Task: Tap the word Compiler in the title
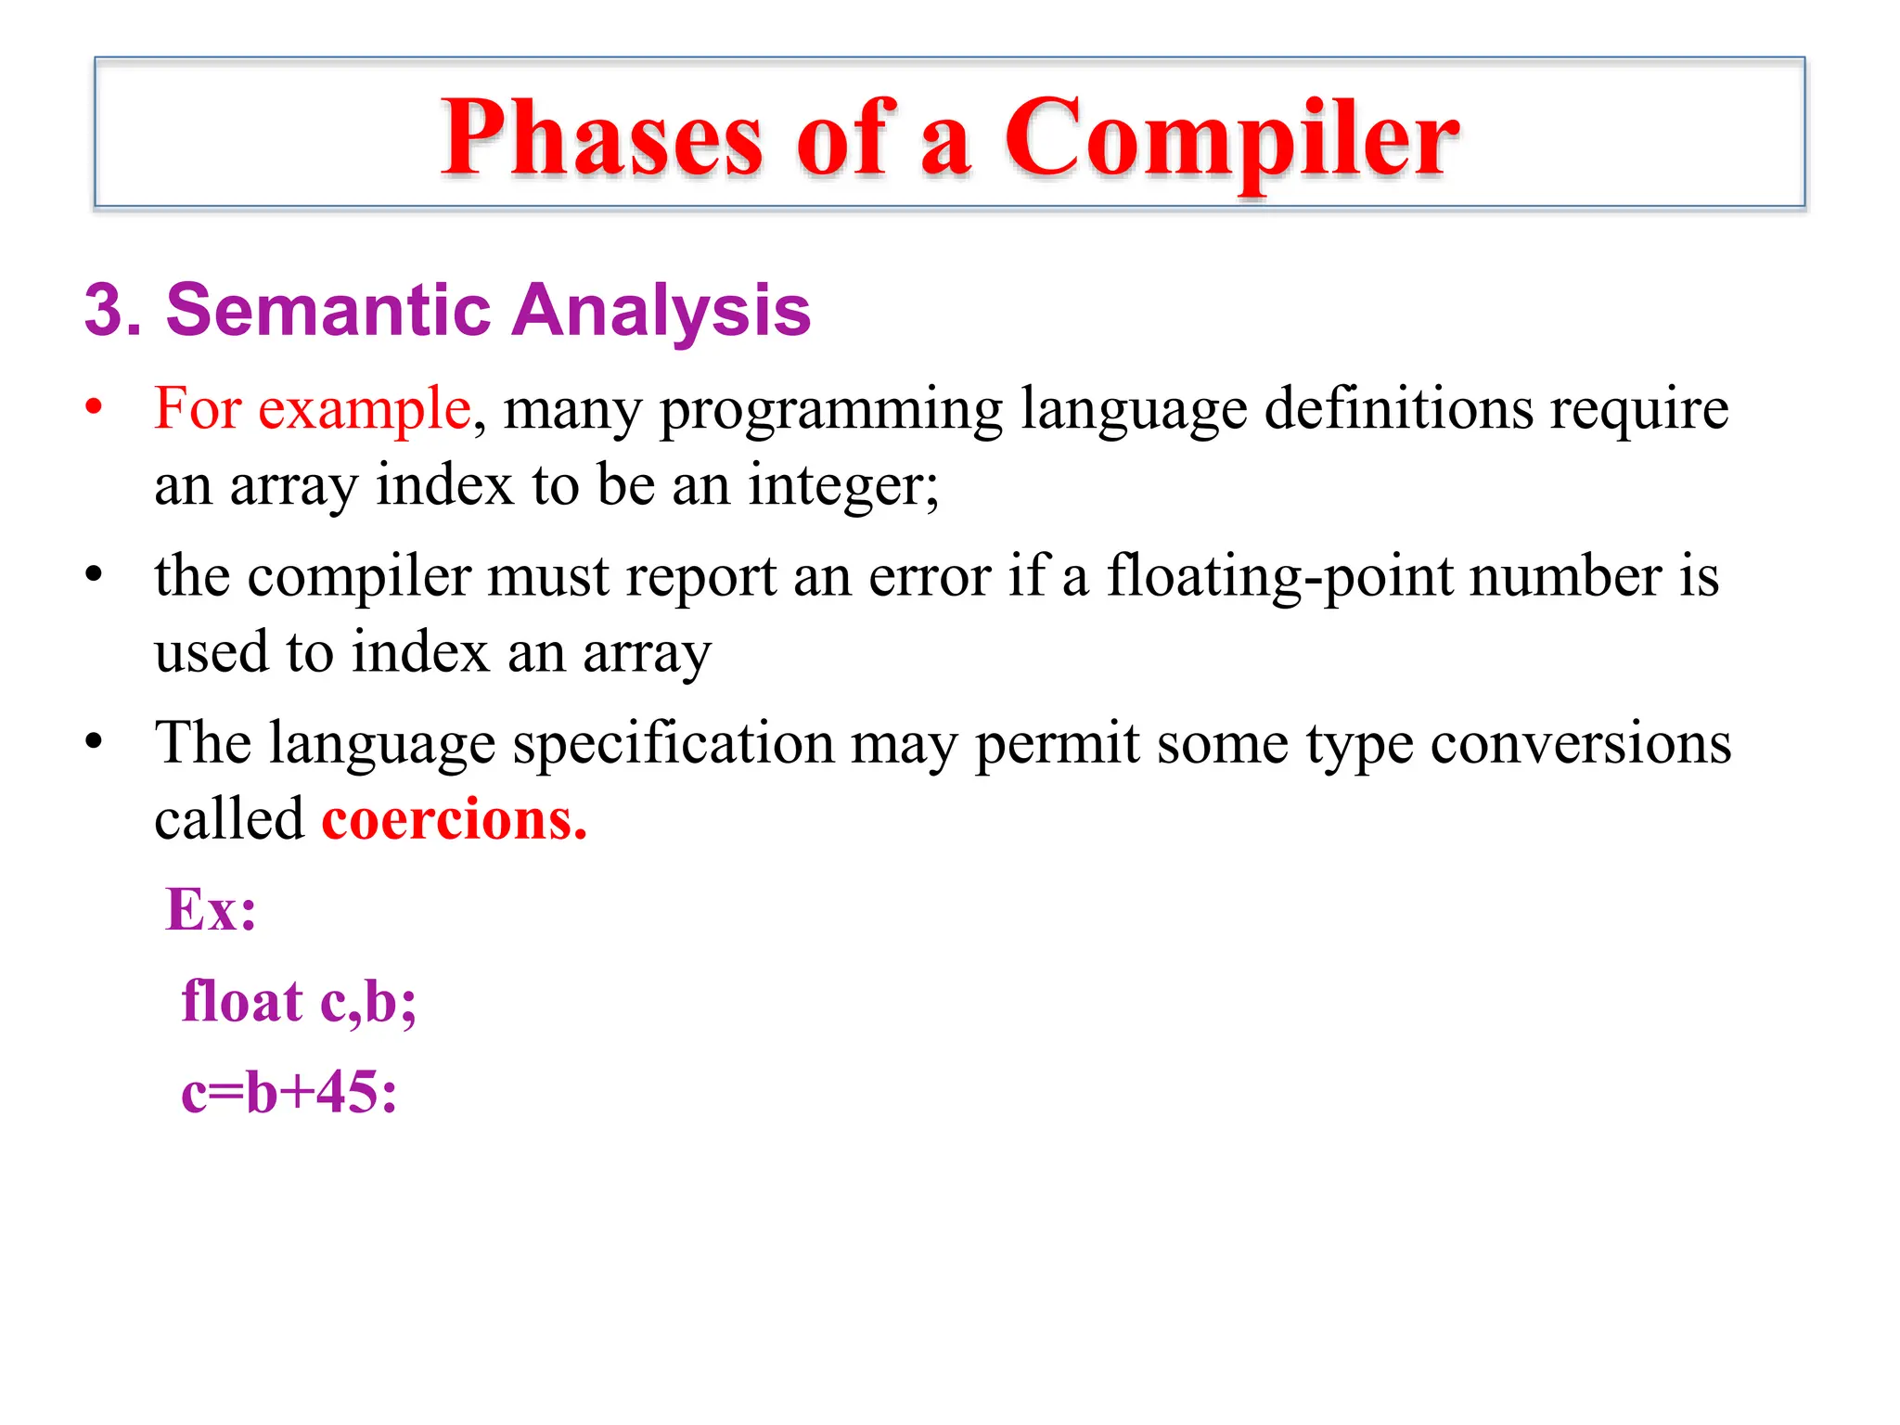(x=1231, y=139)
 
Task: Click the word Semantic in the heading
(x=327, y=310)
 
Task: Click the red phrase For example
(x=313, y=408)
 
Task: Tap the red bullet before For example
(x=93, y=407)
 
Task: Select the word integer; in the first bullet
(x=843, y=484)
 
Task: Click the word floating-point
(x=1279, y=576)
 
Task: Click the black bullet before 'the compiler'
(x=93, y=575)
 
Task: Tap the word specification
(x=674, y=744)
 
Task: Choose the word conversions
(x=1580, y=744)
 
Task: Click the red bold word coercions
(x=454, y=820)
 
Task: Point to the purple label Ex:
(x=211, y=909)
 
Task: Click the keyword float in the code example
(x=242, y=1001)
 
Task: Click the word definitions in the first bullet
(x=1398, y=408)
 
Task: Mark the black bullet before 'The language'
(x=93, y=742)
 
